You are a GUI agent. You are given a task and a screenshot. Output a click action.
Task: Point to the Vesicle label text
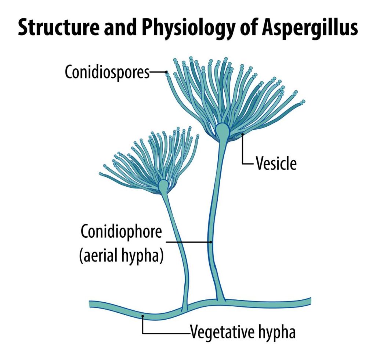tap(276, 164)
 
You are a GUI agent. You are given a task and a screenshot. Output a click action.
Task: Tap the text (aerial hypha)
tap(121, 256)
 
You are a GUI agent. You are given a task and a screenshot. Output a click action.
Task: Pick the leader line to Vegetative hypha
tap(165, 333)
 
